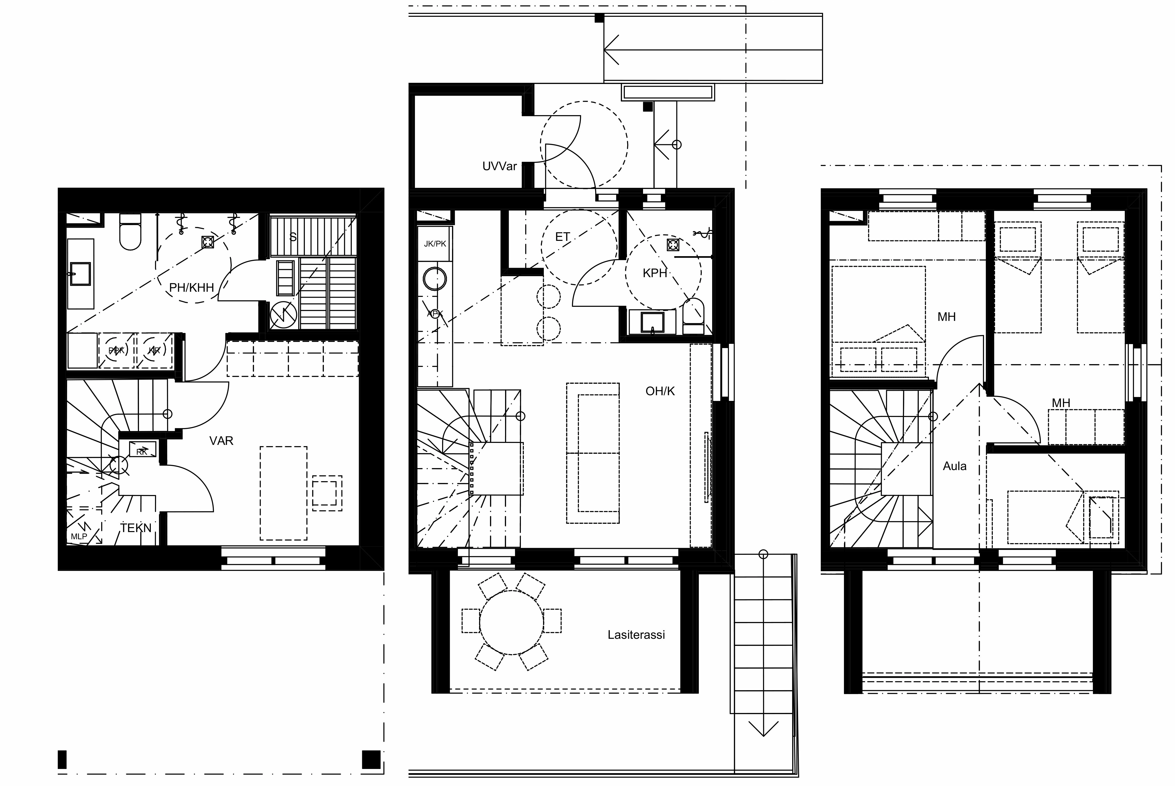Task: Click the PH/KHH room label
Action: point(191,288)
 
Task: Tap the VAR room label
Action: point(221,441)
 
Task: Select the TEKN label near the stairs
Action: point(136,528)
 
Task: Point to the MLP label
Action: point(79,536)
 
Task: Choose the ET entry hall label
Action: point(563,237)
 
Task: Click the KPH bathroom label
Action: point(655,273)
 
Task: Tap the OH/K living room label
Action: point(660,391)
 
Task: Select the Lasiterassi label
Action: point(636,635)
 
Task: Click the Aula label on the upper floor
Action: point(954,466)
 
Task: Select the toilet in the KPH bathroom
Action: point(693,316)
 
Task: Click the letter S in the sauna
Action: point(293,237)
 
